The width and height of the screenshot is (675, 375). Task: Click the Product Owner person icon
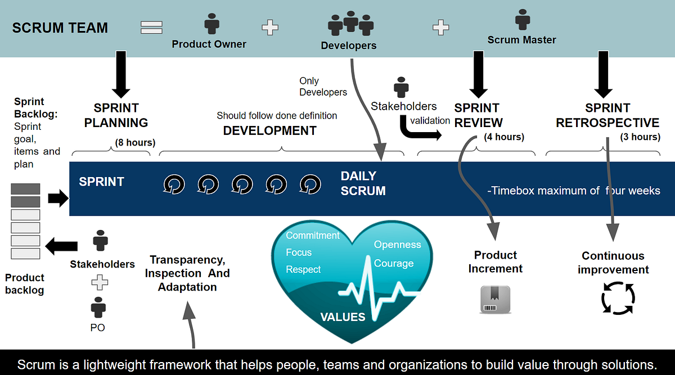[x=211, y=24]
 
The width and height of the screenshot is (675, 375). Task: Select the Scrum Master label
[x=521, y=40]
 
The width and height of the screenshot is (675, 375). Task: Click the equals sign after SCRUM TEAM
[x=151, y=27]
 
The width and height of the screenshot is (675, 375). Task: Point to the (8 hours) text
[x=135, y=142]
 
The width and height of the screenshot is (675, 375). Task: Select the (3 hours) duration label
[x=640, y=137]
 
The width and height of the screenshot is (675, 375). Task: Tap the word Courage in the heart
[x=394, y=263]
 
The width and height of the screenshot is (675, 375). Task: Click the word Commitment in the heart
[x=313, y=236]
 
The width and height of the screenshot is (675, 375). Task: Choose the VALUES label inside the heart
[x=343, y=317]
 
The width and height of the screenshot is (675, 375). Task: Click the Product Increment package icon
[x=494, y=299]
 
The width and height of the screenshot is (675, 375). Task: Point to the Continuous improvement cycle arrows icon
[x=618, y=298]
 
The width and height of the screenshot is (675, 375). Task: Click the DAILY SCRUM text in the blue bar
[x=363, y=184]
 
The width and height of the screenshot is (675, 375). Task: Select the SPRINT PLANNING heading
[x=116, y=115]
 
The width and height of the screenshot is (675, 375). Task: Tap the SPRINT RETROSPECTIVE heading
[x=607, y=115]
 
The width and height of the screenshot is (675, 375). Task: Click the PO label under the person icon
[x=98, y=327]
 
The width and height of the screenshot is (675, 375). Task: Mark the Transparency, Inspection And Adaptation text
[x=187, y=273]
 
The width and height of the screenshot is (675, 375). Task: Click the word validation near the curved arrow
[x=430, y=120]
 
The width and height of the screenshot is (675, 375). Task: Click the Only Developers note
[x=323, y=87]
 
